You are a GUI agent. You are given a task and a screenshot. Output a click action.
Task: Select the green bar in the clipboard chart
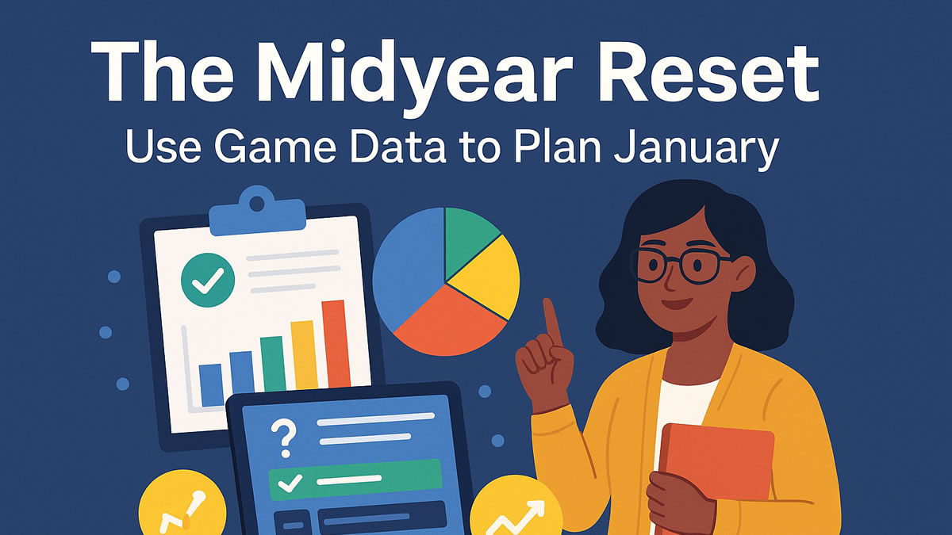click(272, 364)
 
